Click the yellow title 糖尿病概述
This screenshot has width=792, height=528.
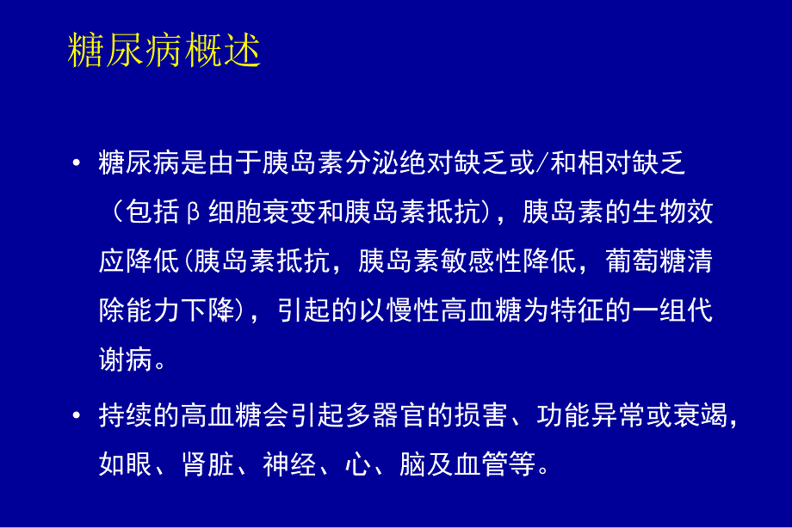pyautogui.click(x=164, y=52)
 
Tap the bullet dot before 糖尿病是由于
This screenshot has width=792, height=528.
pyautogui.click(x=77, y=163)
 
